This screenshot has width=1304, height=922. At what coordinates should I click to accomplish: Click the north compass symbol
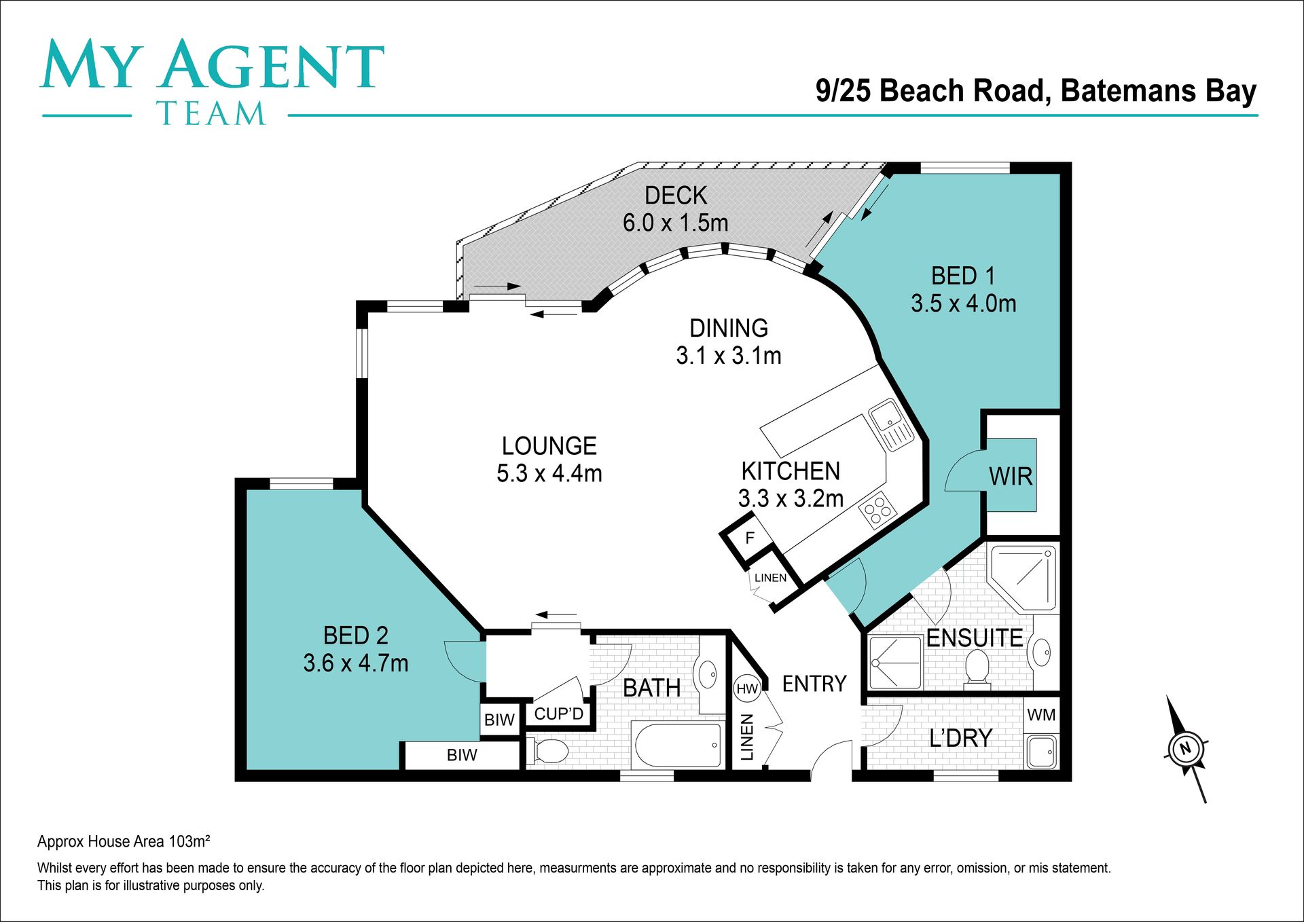(x=1187, y=749)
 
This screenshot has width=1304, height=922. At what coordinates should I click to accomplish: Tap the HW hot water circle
(x=747, y=688)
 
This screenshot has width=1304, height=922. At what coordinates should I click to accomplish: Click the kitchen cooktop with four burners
(x=877, y=509)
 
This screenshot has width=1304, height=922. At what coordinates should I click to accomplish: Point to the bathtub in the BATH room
(x=678, y=745)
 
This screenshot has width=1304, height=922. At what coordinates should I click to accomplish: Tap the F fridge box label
(x=750, y=538)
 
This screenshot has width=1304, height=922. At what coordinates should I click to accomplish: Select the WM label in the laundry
(x=1041, y=715)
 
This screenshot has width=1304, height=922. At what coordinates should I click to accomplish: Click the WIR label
(x=1011, y=477)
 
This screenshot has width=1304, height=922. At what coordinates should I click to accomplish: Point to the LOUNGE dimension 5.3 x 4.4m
(x=549, y=473)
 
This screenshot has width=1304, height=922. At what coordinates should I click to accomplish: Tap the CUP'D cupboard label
(x=559, y=714)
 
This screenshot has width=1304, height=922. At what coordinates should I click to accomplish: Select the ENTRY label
(x=814, y=684)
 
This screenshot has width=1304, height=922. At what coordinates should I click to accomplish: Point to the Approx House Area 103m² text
(x=124, y=842)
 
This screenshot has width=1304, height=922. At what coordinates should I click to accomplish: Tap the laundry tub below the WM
(x=1041, y=751)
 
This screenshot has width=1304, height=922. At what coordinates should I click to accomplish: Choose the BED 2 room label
(x=356, y=635)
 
